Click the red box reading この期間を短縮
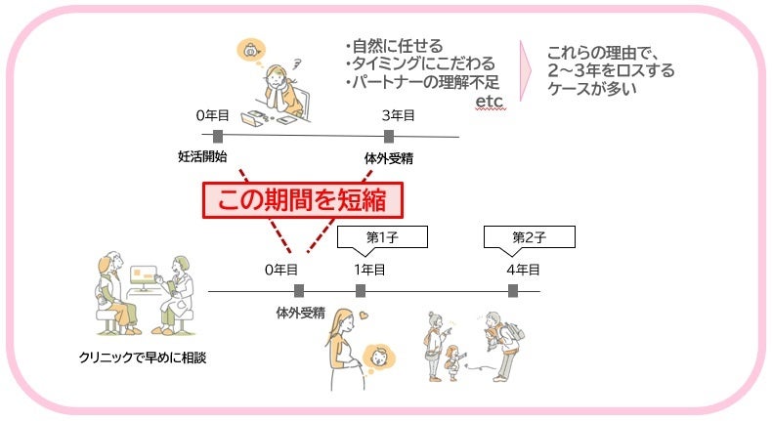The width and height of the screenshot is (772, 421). pos(303,199)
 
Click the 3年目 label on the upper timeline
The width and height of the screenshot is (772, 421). pos(398,115)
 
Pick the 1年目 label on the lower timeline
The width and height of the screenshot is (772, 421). pos(368,269)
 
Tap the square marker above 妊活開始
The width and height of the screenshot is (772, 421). pos(217,135)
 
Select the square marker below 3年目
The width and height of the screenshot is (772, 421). pos(389,135)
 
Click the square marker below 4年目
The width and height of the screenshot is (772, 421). pos(513,290)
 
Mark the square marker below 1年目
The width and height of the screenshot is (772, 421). pos(361,290)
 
